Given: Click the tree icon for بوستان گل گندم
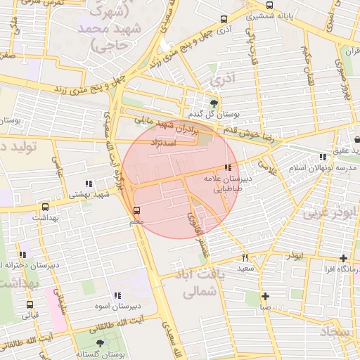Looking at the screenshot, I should (x=214, y=103).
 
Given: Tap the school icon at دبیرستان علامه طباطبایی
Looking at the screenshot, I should (x=227, y=167).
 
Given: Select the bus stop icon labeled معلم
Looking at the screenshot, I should (x=137, y=210).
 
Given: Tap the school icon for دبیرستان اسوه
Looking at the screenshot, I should (x=117, y=296).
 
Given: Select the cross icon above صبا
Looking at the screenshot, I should (x=265, y=296).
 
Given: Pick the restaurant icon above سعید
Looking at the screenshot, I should (x=245, y=258).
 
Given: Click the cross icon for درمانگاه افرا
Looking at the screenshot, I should (x=342, y=259).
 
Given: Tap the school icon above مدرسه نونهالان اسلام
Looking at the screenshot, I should (x=322, y=157).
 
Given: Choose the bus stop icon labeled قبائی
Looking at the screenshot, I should (x=30, y=304).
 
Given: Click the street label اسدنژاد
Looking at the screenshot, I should (x=162, y=143).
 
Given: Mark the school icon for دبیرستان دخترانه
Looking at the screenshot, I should (x=23, y=255).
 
